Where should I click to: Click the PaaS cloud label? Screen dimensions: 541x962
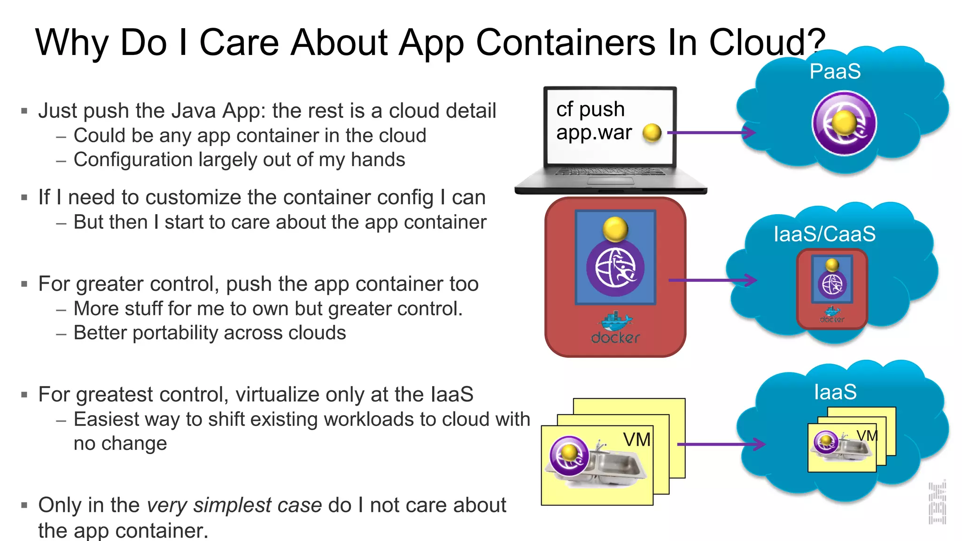(835, 71)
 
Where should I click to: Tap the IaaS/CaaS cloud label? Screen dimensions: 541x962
(824, 234)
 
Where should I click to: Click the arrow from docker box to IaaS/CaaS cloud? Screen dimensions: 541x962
(712, 280)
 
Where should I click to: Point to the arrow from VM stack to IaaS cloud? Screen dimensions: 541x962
(721, 444)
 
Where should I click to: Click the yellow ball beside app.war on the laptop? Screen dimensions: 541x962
(652, 133)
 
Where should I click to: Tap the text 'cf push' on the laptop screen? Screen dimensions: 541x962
(590, 109)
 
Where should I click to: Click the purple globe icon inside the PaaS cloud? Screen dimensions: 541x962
(844, 124)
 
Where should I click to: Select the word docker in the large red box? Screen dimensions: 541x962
(615, 337)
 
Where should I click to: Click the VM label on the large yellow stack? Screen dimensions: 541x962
(636, 440)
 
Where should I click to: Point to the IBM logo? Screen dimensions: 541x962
(937, 503)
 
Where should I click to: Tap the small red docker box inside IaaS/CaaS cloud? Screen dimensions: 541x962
(832, 289)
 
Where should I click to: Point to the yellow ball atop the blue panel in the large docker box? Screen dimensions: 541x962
(615, 229)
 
